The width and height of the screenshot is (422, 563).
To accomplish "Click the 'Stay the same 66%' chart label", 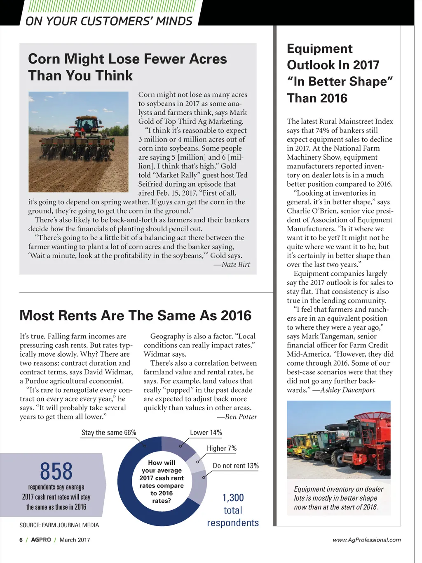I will [108, 433].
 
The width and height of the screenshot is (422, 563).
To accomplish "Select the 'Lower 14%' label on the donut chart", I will [206, 433].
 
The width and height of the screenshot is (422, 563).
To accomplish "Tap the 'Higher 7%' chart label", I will [221, 448].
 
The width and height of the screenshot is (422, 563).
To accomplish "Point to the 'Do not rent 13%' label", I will [235, 466].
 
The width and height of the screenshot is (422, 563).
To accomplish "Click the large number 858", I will [56, 471].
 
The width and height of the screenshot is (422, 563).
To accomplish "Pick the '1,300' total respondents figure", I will [233, 498].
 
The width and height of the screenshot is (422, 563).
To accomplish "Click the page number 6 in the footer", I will [21, 540].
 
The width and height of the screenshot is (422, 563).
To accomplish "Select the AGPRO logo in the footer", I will [41, 540].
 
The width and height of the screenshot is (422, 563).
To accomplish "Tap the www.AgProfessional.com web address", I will [366, 540].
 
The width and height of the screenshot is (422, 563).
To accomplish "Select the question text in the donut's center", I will [162, 482].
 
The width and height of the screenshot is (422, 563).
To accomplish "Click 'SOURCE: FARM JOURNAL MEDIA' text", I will [59, 525].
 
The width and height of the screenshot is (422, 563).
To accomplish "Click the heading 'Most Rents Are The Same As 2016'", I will [135, 315].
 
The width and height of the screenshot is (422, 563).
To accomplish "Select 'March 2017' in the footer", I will [75, 540].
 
